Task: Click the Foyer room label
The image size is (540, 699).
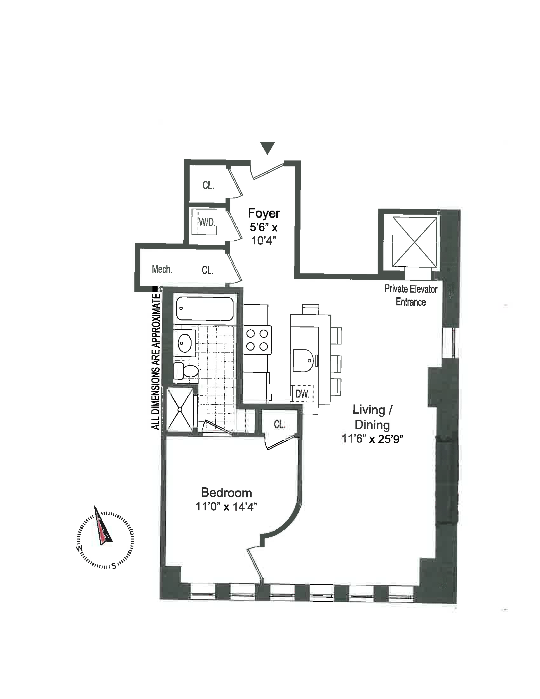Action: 264,213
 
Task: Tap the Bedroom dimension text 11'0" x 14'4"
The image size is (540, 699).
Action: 227,507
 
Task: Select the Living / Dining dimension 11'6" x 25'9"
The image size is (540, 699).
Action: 372,439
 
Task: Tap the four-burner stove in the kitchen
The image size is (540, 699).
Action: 257,340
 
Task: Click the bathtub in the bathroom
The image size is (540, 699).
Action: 205,309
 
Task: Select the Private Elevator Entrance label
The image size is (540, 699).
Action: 411,295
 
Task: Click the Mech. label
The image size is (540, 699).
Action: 162,269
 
